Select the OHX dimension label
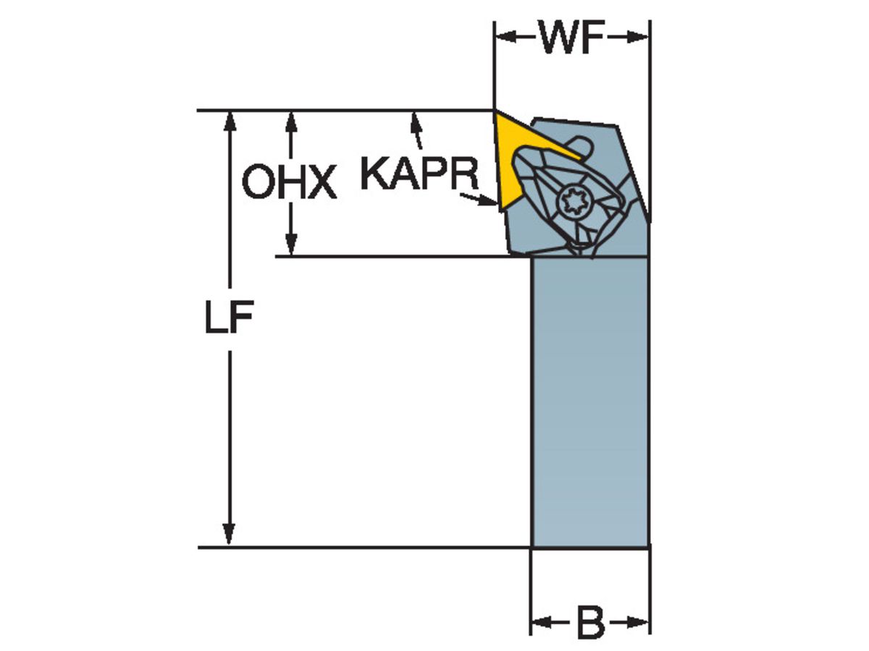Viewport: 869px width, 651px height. [x=289, y=182]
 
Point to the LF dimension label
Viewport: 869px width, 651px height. [x=228, y=318]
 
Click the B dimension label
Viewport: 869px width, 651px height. [x=590, y=623]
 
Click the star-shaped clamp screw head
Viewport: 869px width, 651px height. [x=575, y=202]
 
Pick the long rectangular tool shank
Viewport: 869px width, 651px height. [x=589, y=401]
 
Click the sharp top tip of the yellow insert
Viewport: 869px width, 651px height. [x=496, y=112]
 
